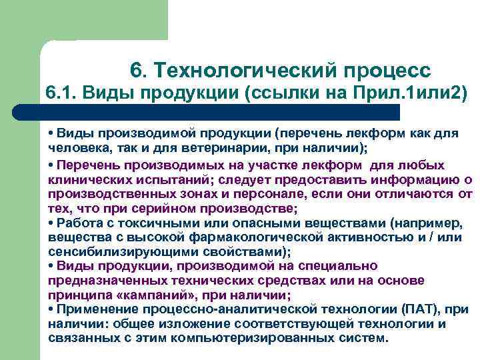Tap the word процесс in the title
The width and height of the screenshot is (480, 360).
click(387, 70)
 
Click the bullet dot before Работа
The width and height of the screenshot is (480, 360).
click(51, 222)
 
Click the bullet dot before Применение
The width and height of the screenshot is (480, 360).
click(51, 309)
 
